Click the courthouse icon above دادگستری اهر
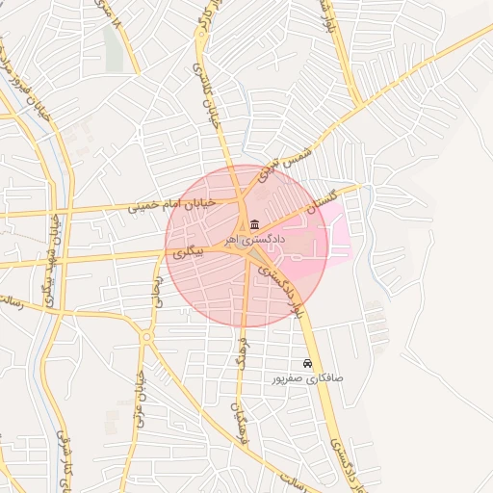pos(240,224)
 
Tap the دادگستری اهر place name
pos(245,237)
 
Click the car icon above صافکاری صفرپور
pos(307,364)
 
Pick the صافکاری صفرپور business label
pos(308,378)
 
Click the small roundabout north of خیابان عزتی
pos(145,336)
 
